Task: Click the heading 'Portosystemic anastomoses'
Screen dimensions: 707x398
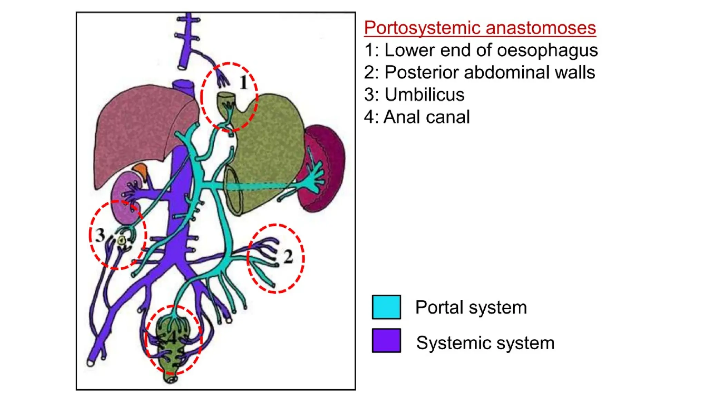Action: (480, 28)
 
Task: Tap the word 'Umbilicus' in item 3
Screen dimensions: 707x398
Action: (425, 95)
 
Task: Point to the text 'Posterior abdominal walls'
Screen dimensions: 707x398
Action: (490, 73)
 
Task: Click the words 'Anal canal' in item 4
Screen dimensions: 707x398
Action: (427, 117)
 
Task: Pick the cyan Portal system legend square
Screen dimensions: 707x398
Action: (386, 307)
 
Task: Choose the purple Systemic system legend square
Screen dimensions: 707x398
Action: (386, 341)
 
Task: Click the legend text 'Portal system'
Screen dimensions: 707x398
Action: (471, 307)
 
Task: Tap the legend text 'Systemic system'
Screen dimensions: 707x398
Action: (485, 343)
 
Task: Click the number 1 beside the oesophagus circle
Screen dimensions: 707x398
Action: (244, 83)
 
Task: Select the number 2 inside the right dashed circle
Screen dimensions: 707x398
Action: (288, 257)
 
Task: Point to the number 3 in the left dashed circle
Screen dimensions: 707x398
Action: (100, 235)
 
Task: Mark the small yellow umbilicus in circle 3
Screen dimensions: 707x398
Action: (122, 240)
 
